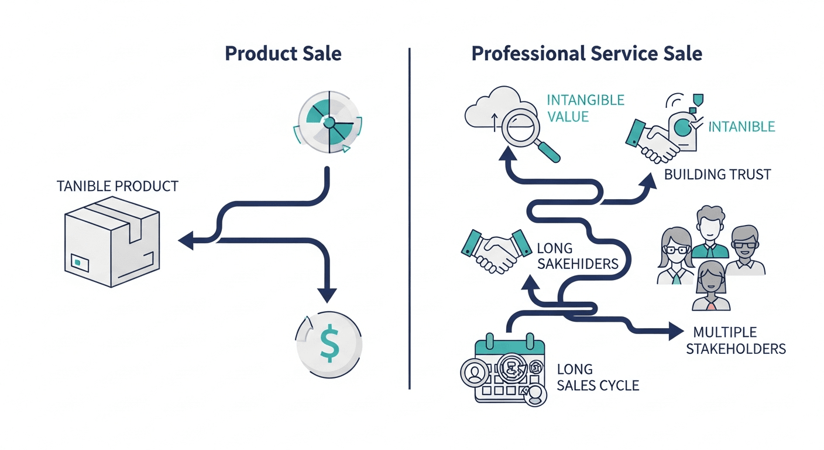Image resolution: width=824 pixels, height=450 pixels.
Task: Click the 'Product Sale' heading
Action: point(283,54)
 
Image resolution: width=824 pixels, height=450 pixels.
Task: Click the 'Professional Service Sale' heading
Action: point(586,54)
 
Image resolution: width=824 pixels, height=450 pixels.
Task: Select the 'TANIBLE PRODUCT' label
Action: point(118,186)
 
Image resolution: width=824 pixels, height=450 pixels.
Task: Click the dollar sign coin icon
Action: point(329,344)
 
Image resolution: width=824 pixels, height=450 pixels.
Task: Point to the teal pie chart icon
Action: point(329,123)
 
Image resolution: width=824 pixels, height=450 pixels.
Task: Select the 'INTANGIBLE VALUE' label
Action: point(585,108)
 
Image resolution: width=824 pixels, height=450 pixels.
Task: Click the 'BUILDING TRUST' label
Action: point(717,174)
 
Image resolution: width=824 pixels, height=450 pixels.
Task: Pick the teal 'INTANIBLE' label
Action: point(741,127)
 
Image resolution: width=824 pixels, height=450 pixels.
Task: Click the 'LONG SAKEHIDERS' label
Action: point(577,257)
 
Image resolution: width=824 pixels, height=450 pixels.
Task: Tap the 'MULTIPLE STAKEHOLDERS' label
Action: point(735,340)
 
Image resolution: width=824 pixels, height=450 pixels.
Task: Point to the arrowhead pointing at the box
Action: point(186,240)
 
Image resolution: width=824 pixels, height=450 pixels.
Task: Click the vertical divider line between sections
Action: point(409,223)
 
